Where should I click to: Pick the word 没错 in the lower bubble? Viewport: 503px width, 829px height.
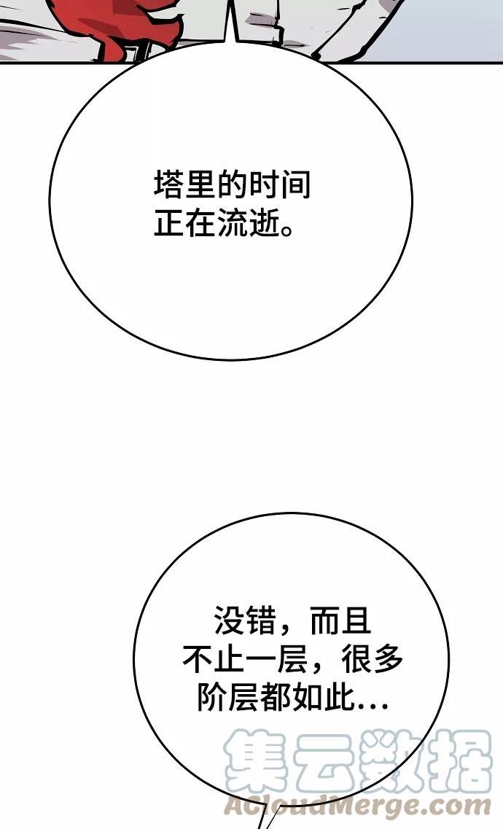244,621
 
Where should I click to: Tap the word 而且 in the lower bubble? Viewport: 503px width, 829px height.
340,621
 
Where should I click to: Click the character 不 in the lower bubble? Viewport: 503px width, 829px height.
197,661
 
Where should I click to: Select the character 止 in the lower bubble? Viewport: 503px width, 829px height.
228,661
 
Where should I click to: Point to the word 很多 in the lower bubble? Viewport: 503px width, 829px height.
373,661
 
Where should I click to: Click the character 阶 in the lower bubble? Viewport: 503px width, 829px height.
212,699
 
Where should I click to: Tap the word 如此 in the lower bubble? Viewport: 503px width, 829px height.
324,699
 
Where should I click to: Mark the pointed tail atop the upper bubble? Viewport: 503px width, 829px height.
232,26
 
